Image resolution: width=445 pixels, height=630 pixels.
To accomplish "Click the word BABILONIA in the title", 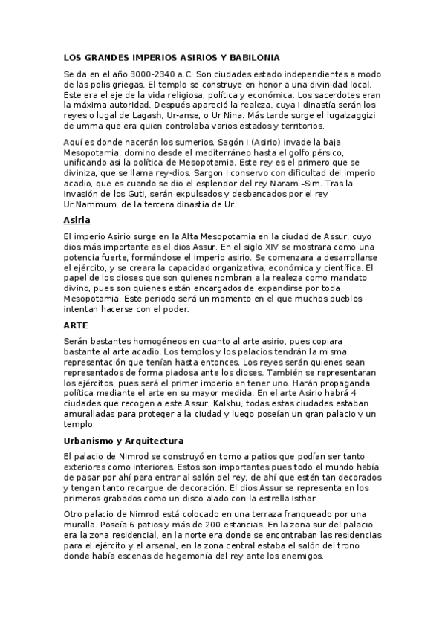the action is click(x=253, y=57).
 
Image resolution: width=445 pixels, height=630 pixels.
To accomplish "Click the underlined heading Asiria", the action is click(x=77, y=220).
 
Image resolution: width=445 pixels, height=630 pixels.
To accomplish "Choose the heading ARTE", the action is click(x=77, y=325).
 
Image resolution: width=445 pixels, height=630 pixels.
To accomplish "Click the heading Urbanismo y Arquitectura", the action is click(x=124, y=441).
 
